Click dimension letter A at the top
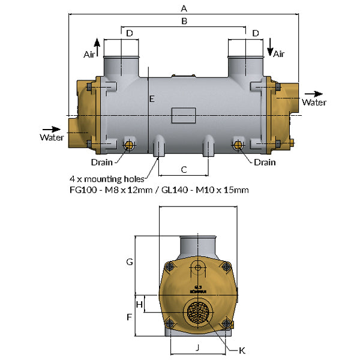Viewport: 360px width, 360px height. (x=184, y=8)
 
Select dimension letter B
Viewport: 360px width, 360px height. (x=184, y=21)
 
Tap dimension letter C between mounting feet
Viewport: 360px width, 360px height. (x=184, y=169)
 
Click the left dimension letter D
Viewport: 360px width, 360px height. (x=129, y=33)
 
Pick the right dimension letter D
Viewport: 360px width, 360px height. (x=256, y=33)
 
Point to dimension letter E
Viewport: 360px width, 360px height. (x=152, y=98)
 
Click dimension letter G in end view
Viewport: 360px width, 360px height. (x=129, y=262)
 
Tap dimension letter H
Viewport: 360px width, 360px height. (x=139, y=304)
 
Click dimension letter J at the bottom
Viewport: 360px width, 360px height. (x=197, y=347)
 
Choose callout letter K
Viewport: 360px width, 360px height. (x=242, y=350)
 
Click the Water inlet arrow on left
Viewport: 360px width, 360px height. (x=52, y=128)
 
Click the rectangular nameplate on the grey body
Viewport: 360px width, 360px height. (x=183, y=115)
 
